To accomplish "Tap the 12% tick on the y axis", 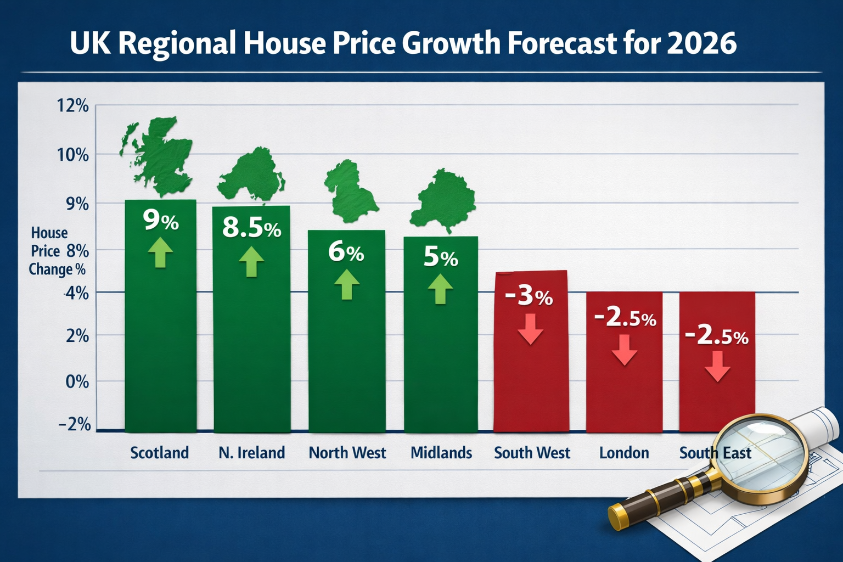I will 72,105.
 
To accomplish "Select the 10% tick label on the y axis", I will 72,155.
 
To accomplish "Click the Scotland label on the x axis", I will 159,453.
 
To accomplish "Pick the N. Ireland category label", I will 251,453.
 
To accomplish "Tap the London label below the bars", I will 624,453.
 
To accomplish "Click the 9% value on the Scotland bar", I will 160,221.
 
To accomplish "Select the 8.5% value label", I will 251,227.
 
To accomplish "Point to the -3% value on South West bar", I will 528,296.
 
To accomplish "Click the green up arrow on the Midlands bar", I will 440,289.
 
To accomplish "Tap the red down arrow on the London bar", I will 624,350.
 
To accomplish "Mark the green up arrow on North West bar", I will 346,284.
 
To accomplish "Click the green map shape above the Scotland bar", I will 159,156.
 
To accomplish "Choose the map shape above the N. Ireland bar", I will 251,176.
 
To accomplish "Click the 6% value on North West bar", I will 346,252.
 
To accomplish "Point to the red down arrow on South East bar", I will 717,366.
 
